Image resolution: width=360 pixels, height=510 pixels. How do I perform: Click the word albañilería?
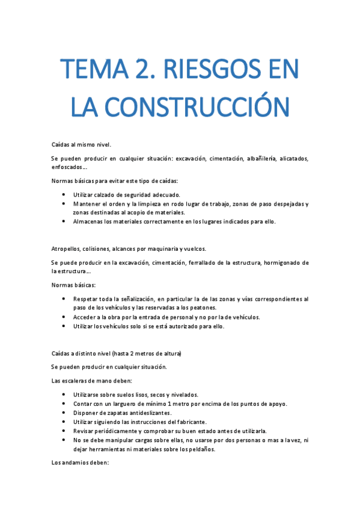(259, 159)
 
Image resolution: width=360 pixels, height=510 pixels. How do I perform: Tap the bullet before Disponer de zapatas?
(64, 413)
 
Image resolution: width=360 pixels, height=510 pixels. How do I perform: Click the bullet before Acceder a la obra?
(64, 316)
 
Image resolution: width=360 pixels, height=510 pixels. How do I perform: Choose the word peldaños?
(201, 449)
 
